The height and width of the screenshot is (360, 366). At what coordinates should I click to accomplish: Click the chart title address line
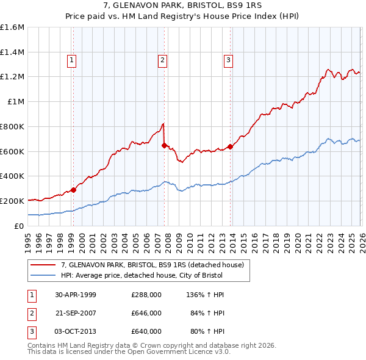(182, 5)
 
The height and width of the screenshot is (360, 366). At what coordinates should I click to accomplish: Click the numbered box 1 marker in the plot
(72, 60)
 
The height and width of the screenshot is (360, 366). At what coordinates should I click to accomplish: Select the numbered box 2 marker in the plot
(163, 60)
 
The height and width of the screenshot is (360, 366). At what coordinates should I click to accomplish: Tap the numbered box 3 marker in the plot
(228, 60)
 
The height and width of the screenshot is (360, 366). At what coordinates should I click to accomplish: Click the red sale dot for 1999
(74, 190)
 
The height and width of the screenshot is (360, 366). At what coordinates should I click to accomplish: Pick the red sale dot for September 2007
(164, 145)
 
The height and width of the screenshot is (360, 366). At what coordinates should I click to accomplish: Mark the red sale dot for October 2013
(230, 146)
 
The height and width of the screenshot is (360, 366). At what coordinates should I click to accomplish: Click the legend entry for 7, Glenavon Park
(152, 265)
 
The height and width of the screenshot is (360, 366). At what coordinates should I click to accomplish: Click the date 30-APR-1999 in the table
(76, 295)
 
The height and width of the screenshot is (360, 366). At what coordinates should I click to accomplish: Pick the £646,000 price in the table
(146, 313)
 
